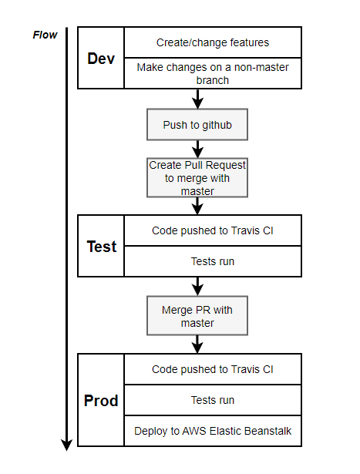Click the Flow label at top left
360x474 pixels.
pos(45,35)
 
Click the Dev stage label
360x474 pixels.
pos(101,59)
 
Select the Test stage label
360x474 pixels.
pos(101,247)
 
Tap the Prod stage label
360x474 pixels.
pos(101,401)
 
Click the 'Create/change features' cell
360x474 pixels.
pos(213,42)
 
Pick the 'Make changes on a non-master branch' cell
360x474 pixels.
pos(213,73)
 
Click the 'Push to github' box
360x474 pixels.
pos(198,124)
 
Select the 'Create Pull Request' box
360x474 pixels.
pos(198,177)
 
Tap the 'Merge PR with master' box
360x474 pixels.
pos(198,316)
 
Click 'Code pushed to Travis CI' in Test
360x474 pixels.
pos(213,230)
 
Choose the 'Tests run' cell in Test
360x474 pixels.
pos(213,261)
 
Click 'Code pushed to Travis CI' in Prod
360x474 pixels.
pos(213,369)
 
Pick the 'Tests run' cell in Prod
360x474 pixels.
pos(213,400)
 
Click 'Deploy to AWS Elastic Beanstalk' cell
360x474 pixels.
pos(213,431)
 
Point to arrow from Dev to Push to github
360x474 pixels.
pos(198,99)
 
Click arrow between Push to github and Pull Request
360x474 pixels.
pos(198,149)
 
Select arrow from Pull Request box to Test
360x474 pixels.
pos(198,206)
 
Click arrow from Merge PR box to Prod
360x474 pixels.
pos(198,345)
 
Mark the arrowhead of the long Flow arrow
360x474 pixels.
pos(67,444)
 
